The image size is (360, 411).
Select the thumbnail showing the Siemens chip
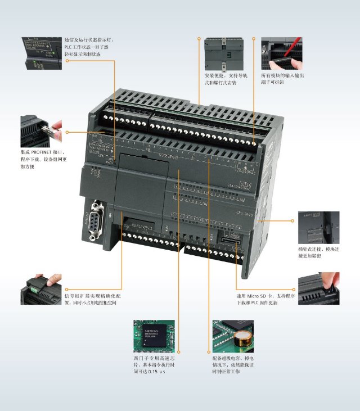coord(154,336)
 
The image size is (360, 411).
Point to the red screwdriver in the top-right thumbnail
coord(296,45)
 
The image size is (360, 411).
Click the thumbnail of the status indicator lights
coord(41,53)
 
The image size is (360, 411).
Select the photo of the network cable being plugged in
coord(41,132)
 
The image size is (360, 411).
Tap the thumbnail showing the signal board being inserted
coord(41,290)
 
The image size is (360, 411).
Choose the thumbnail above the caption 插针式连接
coord(318,228)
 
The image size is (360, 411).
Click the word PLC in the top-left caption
coord(69,47)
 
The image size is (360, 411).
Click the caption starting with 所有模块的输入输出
coord(282,79)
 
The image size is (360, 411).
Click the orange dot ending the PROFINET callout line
coord(67,132)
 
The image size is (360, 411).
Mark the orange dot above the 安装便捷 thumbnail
coord(199,39)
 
